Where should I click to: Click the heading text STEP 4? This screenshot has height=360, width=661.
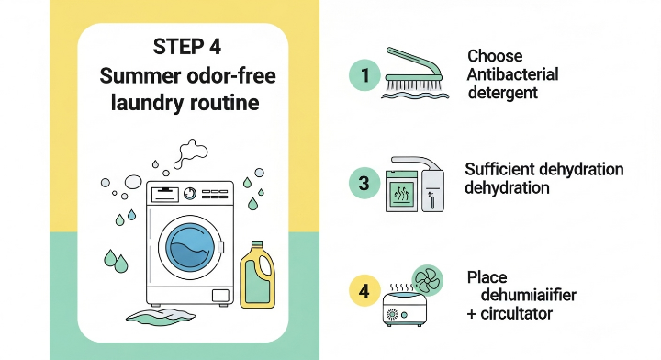(186, 46)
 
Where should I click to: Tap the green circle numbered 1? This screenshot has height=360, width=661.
(364, 75)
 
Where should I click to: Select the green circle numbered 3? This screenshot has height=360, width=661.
(364, 183)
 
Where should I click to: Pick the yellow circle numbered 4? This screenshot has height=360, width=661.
(364, 291)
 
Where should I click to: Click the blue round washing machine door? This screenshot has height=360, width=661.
(190, 245)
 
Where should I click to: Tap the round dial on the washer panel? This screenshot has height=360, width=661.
(190, 194)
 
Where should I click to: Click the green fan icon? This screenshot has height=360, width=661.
(427, 280)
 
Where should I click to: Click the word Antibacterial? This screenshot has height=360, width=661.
(512, 74)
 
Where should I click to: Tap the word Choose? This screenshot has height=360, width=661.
(495, 56)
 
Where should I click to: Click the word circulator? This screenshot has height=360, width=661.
(516, 314)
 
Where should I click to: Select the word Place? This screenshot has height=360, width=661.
(487, 277)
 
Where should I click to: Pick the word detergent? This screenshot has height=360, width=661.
(503, 93)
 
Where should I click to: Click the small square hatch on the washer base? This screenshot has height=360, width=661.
(220, 296)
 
